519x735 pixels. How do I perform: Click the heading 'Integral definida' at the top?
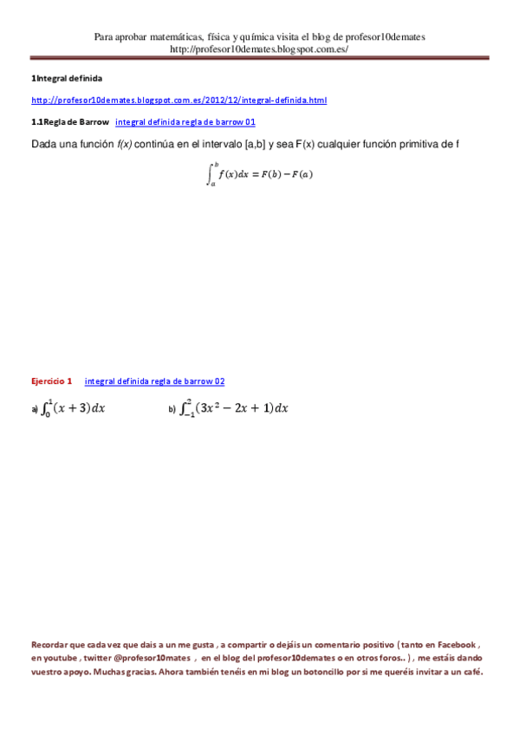pyautogui.click(x=68, y=79)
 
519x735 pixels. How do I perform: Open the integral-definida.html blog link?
pyautogui.click(x=178, y=101)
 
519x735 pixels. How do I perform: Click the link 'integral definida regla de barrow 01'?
pyautogui.click(x=185, y=122)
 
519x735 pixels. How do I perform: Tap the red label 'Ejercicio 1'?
pyautogui.click(x=52, y=381)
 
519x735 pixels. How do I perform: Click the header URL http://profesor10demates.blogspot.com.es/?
pyautogui.click(x=259, y=49)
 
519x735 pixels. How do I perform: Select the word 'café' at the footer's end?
pyautogui.click(x=470, y=672)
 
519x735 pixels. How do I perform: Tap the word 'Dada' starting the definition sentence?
pyautogui.click(x=44, y=144)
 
